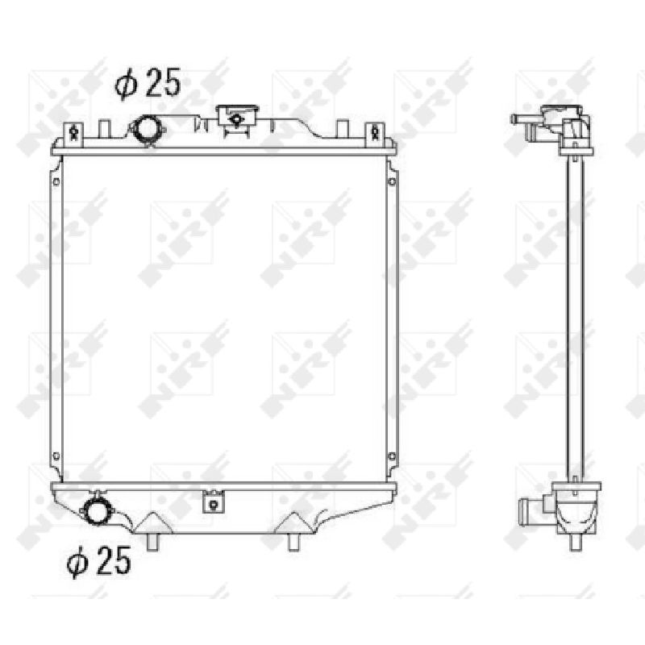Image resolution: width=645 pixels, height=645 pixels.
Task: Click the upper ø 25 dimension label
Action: pyautogui.click(x=148, y=84)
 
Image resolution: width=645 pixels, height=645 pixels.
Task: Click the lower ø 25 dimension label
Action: pyautogui.click(x=98, y=561)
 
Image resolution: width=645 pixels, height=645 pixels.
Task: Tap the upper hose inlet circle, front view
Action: pyautogui.click(x=147, y=129)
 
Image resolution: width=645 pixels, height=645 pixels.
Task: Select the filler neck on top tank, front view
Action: pyautogui.click(x=238, y=119)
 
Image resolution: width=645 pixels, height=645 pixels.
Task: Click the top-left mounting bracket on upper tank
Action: pyautogui.click(x=73, y=133)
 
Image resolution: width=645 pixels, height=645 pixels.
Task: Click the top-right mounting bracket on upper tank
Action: pyautogui.click(x=375, y=133)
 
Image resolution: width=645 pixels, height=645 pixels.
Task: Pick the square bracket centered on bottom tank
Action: pyautogui.click(x=213, y=501)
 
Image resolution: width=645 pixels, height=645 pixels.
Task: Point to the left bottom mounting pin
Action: pyautogui.click(x=152, y=542)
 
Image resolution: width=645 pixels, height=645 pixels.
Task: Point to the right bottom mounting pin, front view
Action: pyautogui.click(x=293, y=542)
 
